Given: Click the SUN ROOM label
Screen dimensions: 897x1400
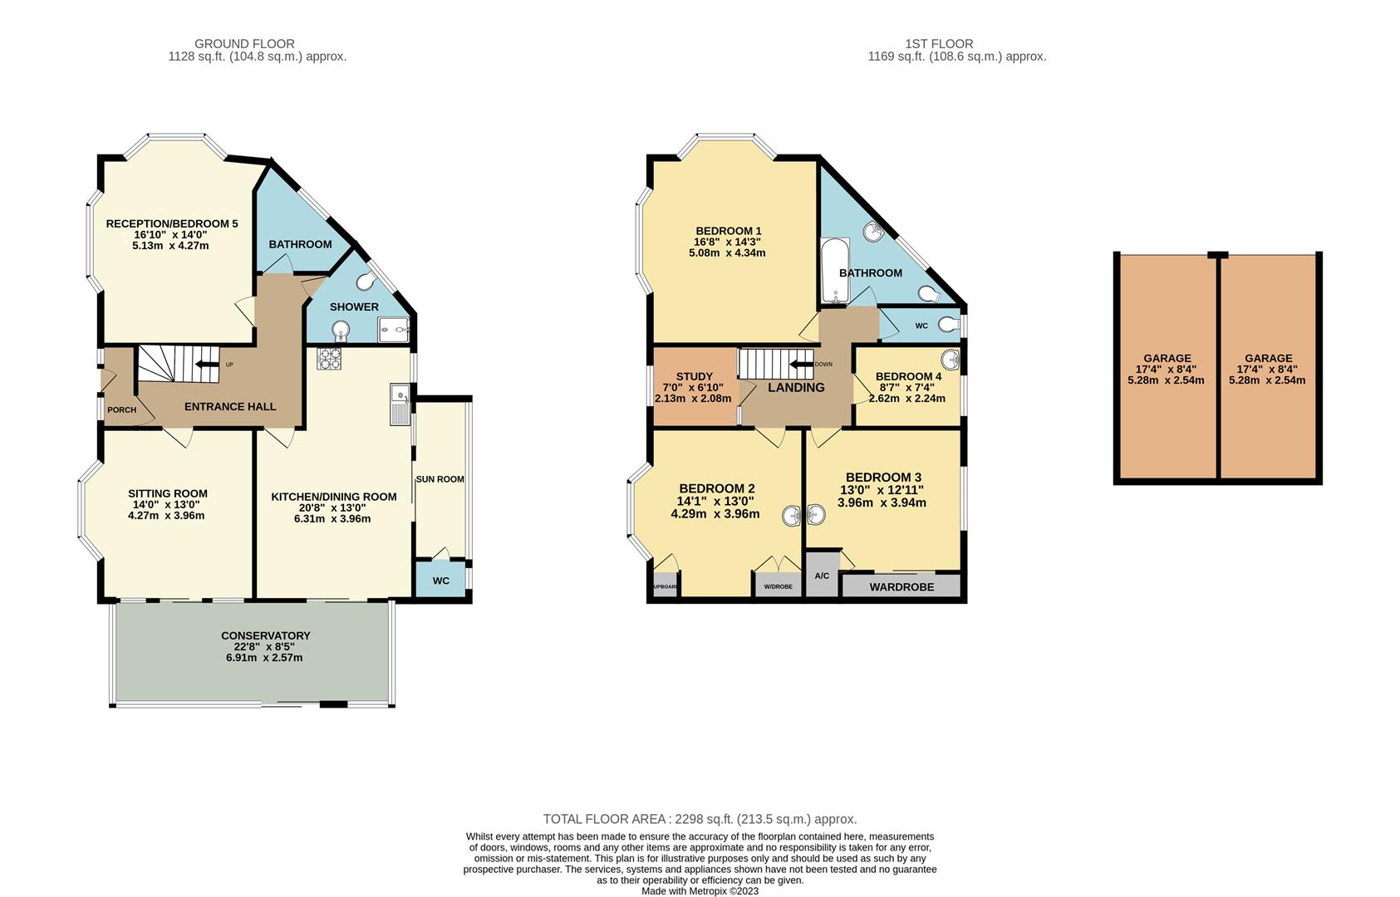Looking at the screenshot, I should (x=440, y=479).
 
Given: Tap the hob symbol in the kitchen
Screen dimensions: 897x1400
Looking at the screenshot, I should (x=329, y=358).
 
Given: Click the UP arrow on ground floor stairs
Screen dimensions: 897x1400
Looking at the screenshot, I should (x=202, y=364).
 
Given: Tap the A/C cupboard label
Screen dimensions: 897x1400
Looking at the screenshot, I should (x=822, y=576).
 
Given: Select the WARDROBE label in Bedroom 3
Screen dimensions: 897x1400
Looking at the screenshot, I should (x=901, y=586).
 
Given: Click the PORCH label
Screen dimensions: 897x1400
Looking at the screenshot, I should (x=121, y=409).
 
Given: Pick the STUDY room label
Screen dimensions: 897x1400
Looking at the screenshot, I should (x=694, y=376).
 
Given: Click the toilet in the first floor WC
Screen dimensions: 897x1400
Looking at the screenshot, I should (x=948, y=325).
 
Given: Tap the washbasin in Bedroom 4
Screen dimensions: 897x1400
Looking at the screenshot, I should (x=951, y=360).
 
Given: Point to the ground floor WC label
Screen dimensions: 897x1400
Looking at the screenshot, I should (x=440, y=581).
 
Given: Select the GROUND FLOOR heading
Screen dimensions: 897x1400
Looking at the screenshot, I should (x=244, y=44).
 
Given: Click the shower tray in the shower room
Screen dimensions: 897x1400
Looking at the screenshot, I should (x=395, y=333).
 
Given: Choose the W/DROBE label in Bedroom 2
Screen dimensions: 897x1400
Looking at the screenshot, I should (x=778, y=586).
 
